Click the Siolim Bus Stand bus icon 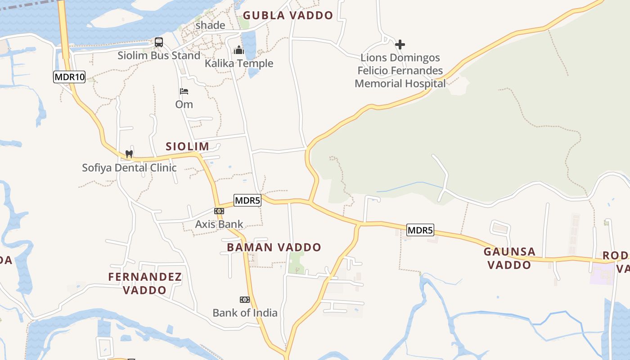[x=159, y=42]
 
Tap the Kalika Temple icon [x=238, y=49]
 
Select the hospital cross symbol [x=400, y=44]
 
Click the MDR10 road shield [x=69, y=77]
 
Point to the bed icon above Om [x=184, y=91]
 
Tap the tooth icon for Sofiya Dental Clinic [x=129, y=154]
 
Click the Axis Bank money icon [x=219, y=211]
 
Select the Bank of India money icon [x=244, y=299]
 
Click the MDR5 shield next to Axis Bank [x=247, y=200]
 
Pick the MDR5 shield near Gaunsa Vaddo [x=420, y=230]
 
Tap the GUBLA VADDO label [x=288, y=16]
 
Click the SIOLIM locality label [x=187, y=146]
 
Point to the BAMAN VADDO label [x=274, y=247]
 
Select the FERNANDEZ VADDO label [x=145, y=283]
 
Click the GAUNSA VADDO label [x=510, y=258]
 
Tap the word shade [x=210, y=25]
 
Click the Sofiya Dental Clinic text [x=129, y=168]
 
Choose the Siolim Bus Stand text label [x=159, y=56]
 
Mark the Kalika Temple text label [x=239, y=63]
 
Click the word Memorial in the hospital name [x=378, y=84]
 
